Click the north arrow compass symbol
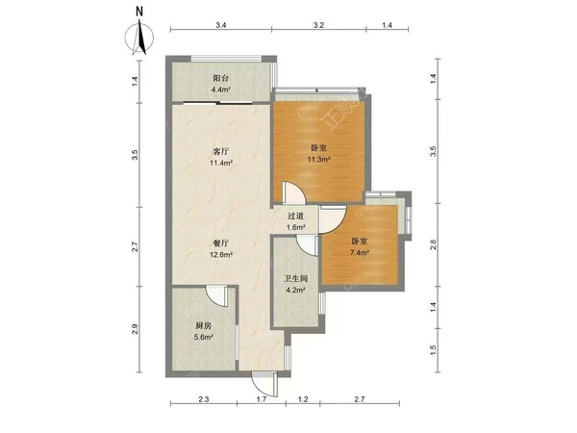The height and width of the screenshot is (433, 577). coord(139,37)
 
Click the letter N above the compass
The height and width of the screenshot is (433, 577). coord(139,12)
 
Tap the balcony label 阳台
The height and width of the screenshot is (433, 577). coord(221,79)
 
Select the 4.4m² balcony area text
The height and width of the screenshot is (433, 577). coord(221,89)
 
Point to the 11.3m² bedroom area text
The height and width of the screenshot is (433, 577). coord(318,160)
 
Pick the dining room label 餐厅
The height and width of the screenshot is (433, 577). coord(221,243)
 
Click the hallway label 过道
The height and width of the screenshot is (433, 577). coord(295,216)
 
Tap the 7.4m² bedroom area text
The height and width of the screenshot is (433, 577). coord(360,252)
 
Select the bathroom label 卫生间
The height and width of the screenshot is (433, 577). coord(295,279)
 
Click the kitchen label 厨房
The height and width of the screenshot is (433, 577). coord(204,325)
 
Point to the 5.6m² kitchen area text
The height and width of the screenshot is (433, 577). coord(204,337)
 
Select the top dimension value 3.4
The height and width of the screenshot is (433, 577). coord(221,25)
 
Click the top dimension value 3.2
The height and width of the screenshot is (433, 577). coord(318,25)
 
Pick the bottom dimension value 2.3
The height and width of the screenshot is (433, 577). coord(204,398)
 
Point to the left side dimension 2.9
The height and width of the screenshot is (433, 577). coord(135,329)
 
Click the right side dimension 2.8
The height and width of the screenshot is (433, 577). coord(433,244)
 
